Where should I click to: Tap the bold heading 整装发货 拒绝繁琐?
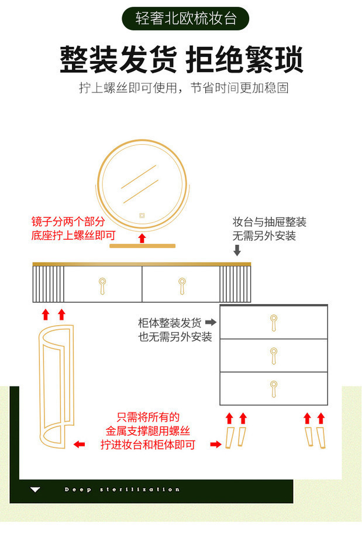click(181, 59)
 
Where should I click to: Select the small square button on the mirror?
click(142, 215)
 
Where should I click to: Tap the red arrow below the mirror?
click(142, 238)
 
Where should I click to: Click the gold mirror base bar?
click(142, 247)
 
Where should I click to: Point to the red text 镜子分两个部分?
click(68, 222)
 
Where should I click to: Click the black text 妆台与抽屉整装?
click(270, 223)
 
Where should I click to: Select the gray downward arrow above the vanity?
click(237, 251)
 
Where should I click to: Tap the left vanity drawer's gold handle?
click(102, 285)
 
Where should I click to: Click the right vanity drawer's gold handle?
click(182, 285)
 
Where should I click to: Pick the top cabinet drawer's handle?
click(273, 322)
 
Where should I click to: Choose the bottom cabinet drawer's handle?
click(273, 388)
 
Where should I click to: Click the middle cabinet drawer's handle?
click(273, 355)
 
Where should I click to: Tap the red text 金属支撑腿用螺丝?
click(149, 431)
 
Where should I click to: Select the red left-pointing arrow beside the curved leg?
click(80, 445)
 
